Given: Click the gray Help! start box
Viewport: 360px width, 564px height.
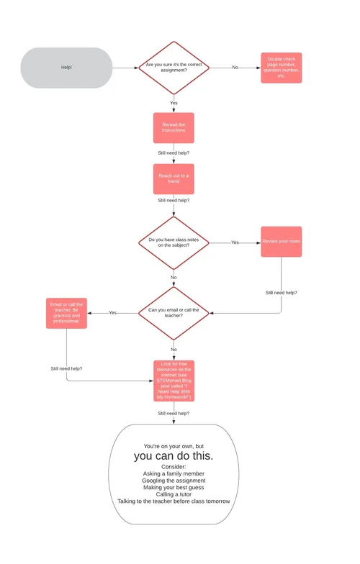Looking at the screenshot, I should coord(66,68).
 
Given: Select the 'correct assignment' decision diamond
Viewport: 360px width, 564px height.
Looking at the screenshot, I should coord(174,68).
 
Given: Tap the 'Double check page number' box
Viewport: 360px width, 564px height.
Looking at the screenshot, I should coord(281,68).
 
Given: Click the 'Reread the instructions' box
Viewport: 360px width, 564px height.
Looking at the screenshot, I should coord(174,127).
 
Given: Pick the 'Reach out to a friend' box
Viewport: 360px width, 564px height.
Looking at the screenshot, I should coord(174,178).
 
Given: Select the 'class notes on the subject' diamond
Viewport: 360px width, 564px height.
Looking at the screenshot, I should coord(174,242).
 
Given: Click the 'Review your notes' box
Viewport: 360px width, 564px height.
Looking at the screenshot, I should coord(281,242).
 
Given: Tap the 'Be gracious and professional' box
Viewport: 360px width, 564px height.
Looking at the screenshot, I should coord(67,312).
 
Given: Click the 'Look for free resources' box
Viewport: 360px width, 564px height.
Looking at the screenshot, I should coord(174,381).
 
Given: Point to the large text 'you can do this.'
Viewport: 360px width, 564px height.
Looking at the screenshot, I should coord(174,456).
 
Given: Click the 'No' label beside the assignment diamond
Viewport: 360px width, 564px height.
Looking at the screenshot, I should coord(235,68).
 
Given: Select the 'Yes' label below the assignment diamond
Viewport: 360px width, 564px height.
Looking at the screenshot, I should coord(174,103).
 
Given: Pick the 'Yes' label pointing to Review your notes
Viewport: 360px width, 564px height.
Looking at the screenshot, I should coord(235,242).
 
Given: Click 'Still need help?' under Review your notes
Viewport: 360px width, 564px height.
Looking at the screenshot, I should coord(281,293).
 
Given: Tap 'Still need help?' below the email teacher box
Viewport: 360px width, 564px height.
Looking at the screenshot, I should coord(66,368).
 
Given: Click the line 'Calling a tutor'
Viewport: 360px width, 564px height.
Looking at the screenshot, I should coord(174,494).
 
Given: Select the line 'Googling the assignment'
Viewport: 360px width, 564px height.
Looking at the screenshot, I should coord(174,481).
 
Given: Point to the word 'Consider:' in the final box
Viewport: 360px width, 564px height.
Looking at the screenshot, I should coord(174,467).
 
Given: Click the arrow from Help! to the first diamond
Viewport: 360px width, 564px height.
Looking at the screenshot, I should coord(124,68).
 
